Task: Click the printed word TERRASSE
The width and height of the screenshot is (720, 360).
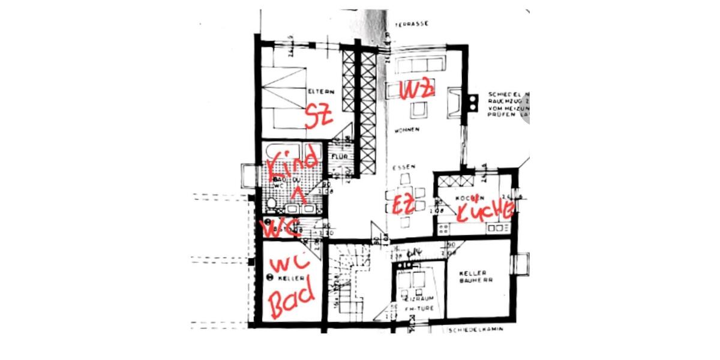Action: (x=411, y=25)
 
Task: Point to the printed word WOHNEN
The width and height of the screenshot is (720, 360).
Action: (x=406, y=130)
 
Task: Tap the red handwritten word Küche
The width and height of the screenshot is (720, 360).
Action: (x=485, y=211)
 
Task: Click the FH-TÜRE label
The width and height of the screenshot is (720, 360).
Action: (x=413, y=309)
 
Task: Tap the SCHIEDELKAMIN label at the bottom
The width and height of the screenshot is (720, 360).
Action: (x=474, y=329)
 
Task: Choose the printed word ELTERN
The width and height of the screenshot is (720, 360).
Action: (x=321, y=92)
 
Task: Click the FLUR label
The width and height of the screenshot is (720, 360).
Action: (x=337, y=157)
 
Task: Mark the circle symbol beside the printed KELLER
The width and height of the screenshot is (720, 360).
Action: (x=269, y=277)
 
